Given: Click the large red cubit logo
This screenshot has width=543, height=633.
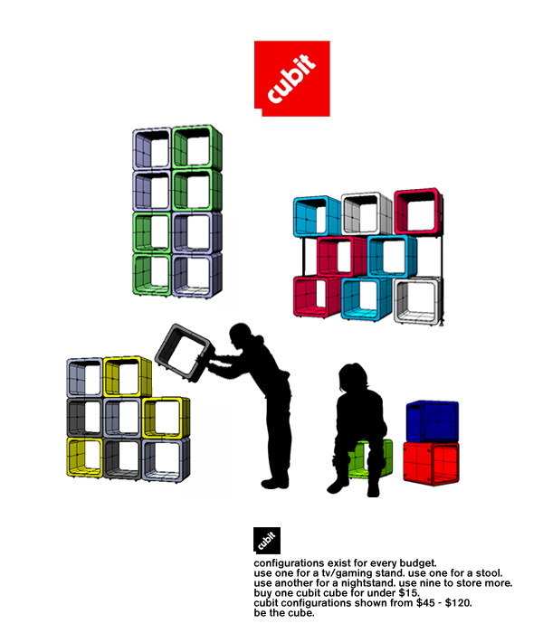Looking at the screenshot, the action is pos(291,79).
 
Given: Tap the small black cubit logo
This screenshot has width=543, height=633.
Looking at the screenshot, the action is pos(267,540).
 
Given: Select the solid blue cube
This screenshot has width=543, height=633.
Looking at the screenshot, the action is pos(432,420).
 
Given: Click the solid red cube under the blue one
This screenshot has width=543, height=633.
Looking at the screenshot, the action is pos(431,463).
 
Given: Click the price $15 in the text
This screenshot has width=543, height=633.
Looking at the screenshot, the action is pos(409,593).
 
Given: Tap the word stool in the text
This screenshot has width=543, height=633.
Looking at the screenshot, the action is pos(489,572).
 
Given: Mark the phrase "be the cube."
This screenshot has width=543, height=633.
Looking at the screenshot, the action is pos(284,613).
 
